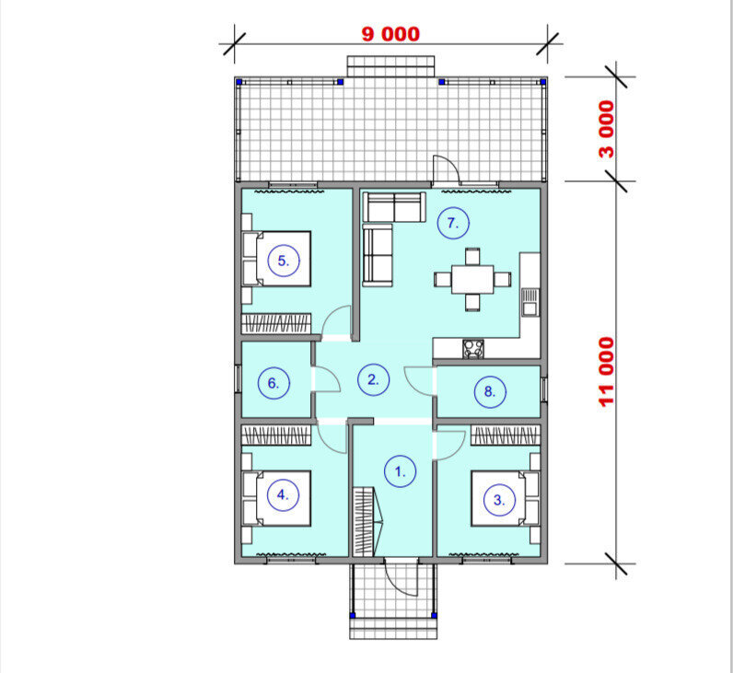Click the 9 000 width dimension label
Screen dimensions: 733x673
click(x=390, y=34)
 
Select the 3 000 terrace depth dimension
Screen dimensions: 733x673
click(x=607, y=130)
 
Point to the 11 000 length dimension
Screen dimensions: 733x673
click(x=607, y=372)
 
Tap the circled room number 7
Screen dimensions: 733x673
click(x=453, y=223)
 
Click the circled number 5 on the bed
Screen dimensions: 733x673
click(x=284, y=261)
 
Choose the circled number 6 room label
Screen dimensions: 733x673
click(x=273, y=383)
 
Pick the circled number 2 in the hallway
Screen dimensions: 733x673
click(x=374, y=379)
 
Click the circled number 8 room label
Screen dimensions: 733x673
click(x=490, y=391)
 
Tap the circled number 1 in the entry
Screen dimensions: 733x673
click(x=401, y=471)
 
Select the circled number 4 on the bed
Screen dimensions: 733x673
click(x=283, y=494)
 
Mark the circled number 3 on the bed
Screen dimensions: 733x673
click(x=500, y=500)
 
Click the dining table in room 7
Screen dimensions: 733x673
click(x=472, y=280)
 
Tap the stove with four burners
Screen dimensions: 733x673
click(x=473, y=350)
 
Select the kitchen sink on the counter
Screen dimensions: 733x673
click(x=530, y=302)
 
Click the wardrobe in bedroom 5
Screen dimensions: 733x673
click(x=276, y=323)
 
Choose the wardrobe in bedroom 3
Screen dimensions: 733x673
click(x=506, y=435)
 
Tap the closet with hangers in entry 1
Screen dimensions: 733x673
click(x=364, y=522)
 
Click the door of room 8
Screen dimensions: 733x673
click(x=419, y=381)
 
